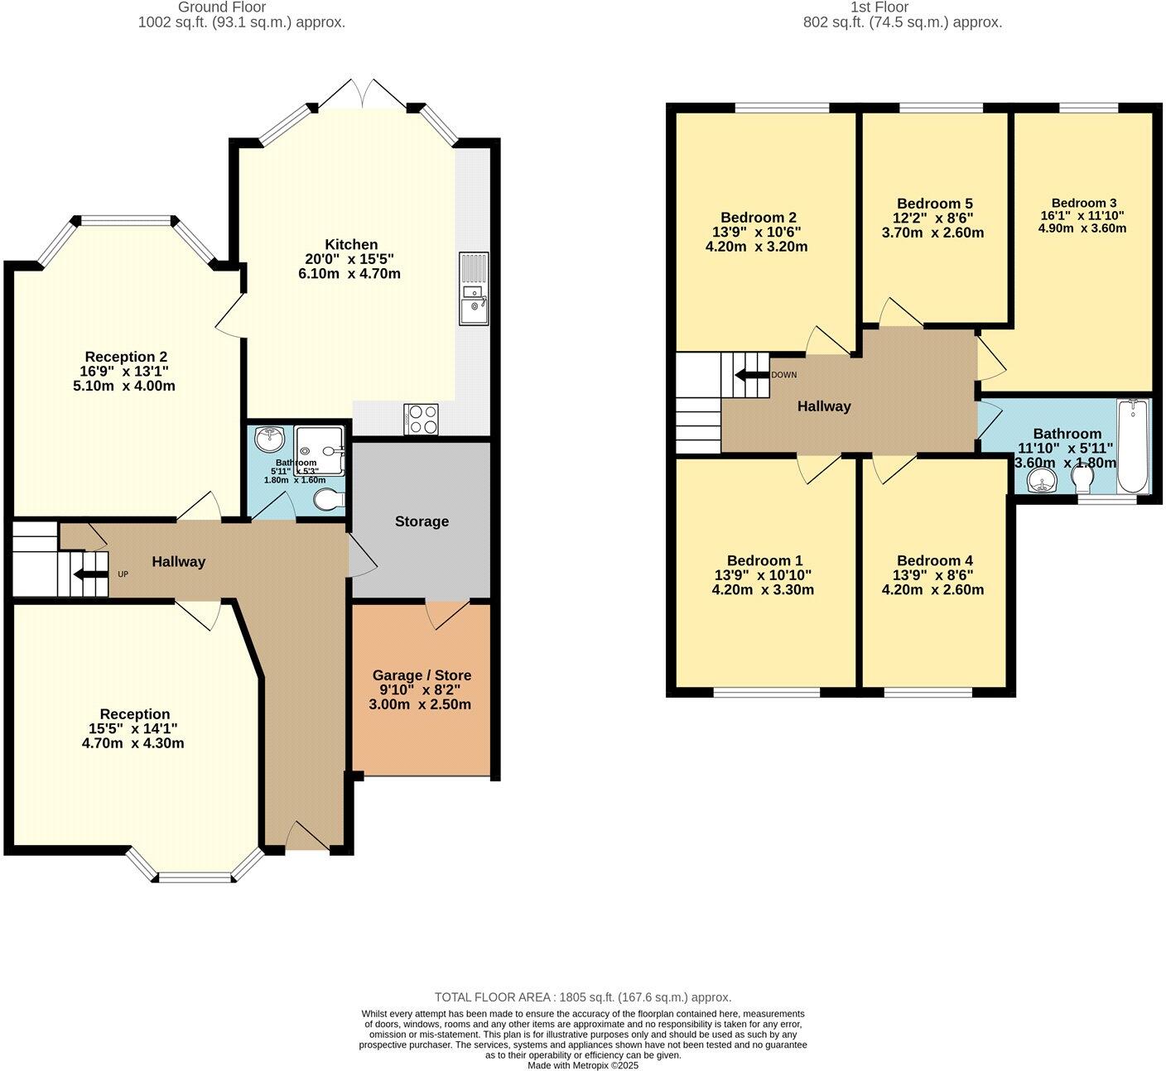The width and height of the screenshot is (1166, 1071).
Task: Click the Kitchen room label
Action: point(351,245)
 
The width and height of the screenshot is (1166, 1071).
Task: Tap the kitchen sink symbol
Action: point(475,290)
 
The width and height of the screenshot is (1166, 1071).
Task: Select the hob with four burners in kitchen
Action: point(422,419)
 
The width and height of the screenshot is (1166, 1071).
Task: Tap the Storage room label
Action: point(422,521)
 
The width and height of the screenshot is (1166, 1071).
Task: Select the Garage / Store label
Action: point(422,675)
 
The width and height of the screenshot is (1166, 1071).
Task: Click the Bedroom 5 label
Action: point(934,204)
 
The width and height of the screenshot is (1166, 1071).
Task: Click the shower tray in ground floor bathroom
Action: point(320,450)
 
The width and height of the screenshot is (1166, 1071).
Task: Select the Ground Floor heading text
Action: point(222,7)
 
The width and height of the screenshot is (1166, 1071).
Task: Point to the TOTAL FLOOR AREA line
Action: point(583,997)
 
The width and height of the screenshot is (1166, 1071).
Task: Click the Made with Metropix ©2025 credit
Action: point(583,1065)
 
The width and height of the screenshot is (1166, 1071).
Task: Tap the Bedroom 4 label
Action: point(934,560)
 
